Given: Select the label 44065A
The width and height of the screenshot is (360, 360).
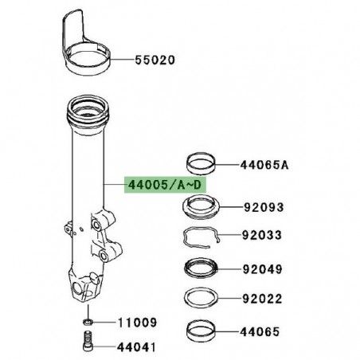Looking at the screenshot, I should tap(264, 166).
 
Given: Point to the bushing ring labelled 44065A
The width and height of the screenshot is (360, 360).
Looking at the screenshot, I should tap(202, 165).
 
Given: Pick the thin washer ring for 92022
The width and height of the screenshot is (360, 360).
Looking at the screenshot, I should tap(202, 299).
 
